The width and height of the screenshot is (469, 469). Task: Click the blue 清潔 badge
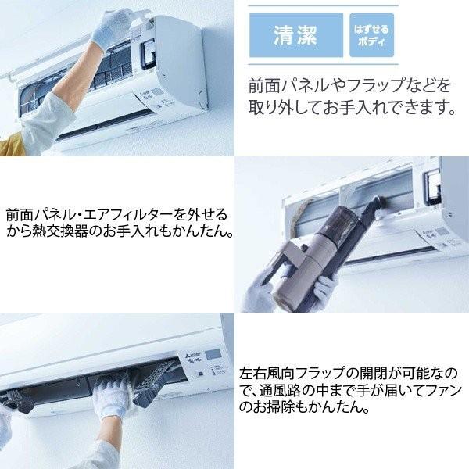click(x=296, y=35)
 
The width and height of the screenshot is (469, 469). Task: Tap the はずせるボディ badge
click(x=371, y=35)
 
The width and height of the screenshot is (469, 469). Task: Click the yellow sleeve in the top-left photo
click(x=12, y=145)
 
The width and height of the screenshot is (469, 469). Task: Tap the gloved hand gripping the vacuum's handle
click(x=325, y=290)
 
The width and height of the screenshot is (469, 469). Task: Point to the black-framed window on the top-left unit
click(x=148, y=55)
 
